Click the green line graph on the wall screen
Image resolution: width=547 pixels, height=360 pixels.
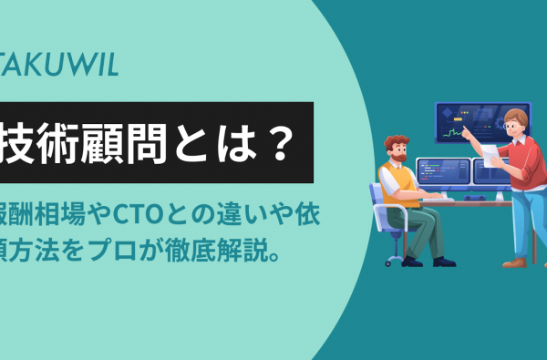(x=452, y=134)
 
